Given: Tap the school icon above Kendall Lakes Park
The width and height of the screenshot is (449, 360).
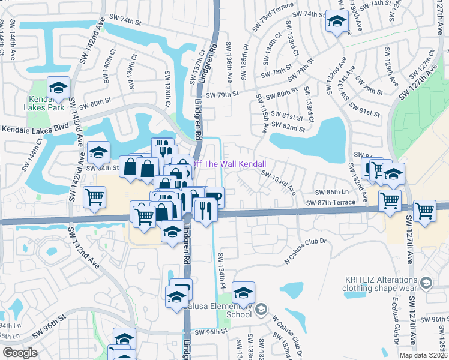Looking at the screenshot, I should (x=58, y=88).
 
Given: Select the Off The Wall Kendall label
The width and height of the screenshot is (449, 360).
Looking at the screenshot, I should (x=228, y=164).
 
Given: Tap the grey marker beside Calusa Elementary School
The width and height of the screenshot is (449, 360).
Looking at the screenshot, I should (x=261, y=310).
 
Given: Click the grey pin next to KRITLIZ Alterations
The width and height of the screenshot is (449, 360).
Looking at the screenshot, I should (x=426, y=282).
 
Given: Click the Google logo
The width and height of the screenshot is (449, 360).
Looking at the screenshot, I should (x=20, y=353).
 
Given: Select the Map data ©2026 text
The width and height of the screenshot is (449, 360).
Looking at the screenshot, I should (x=424, y=355).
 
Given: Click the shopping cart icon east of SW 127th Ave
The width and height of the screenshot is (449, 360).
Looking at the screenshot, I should (x=424, y=212).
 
